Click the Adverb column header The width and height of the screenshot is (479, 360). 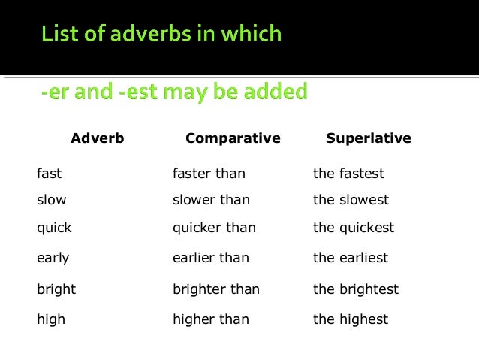[x=97, y=138]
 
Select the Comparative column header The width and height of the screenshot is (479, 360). [x=233, y=138]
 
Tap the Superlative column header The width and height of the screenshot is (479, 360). [x=368, y=138]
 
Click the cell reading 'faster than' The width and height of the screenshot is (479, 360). [x=209, y=174]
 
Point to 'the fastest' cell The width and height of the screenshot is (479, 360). [x=348, y=174]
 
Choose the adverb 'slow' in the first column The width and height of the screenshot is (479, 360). [x=51, y=200]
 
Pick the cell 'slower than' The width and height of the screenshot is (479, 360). [x=211, y=200]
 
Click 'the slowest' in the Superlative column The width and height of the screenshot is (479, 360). [x=351, y=200]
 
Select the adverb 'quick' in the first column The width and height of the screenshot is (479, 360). [x=54, y=228]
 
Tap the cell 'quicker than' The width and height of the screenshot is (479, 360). [x=214, y=228]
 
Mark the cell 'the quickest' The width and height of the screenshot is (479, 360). [x=353, y=228]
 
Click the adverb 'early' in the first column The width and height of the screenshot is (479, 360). [x=53, y=258]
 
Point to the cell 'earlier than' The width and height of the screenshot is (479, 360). [x=210, y=258]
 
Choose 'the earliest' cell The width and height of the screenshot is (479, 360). [x=351, y=258]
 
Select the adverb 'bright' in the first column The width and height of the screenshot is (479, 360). [x=56, y=289]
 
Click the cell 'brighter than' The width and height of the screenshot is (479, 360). [x=215, y=289]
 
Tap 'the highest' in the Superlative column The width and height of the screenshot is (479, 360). [x=351, y=319]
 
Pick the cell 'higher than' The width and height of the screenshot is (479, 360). [x=211, y=319]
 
